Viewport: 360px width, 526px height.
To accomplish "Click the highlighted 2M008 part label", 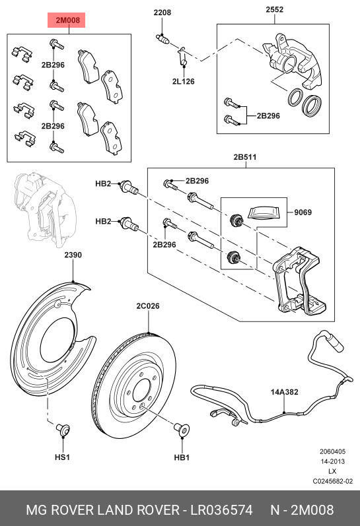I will (67, 21).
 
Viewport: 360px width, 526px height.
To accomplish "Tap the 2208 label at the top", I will (162, 13).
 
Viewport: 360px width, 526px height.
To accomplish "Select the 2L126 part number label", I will (183, 82).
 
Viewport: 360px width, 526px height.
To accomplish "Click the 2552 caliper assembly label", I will (275, 10).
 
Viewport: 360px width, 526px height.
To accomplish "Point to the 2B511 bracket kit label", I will (244, 158).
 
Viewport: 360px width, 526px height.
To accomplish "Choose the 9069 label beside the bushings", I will (303, 213).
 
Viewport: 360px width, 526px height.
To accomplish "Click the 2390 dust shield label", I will (73, 255).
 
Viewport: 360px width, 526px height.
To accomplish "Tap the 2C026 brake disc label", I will (148, 306).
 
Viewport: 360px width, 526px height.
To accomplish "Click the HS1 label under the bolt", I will (62, 457).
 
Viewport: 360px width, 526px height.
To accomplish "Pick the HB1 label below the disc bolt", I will (182, 457).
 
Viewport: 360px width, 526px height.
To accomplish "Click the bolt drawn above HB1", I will (181, 430).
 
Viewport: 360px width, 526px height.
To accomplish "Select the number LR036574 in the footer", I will (222, 510).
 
